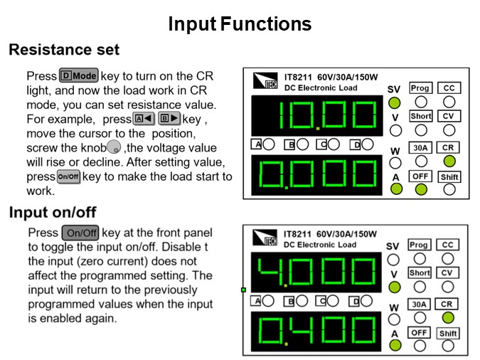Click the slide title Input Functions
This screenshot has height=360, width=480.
point(240,24)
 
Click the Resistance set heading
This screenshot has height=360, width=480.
point(64,51)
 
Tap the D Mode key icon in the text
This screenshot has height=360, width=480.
point(78,76)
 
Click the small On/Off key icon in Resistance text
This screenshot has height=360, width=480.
point(68,176)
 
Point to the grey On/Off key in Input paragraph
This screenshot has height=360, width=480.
point(80,233)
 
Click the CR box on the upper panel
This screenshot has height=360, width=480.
point(449,147)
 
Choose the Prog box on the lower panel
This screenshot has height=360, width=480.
point(420,245)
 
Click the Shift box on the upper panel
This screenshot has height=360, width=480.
point(449,176)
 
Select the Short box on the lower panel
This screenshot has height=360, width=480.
point(420,273)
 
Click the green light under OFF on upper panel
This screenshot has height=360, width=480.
point(421,189)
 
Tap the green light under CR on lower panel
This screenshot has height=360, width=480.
point(448,317)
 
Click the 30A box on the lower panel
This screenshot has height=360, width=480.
point(420,304)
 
